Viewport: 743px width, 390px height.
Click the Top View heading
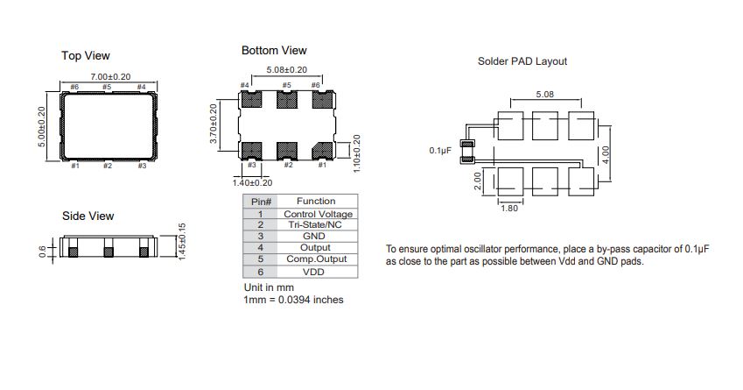point(85,56)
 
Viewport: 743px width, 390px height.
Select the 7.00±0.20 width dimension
point(110,76)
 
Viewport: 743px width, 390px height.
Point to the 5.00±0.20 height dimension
point(42,127)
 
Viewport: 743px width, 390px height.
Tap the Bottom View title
point(274,50)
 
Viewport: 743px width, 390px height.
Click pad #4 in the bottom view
point(251,99)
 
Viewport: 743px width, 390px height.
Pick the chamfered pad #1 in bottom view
point(323,151)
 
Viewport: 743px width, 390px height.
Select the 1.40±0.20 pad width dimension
point(252,182)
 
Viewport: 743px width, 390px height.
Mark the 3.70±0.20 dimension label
point(214,124)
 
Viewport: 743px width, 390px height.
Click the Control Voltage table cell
point(318,214)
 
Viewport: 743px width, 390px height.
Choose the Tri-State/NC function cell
point(315,224)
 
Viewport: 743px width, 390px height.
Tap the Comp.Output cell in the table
point(317,259)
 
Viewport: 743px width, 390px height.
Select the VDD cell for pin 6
point(313,272)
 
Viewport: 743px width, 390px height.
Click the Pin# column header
point(261,202)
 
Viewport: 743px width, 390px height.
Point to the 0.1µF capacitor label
point(440,151)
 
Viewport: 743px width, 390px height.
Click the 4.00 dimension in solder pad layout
point(605,155)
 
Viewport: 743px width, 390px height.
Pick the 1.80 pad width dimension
point(509,208)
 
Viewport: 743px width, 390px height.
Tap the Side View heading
point(88,216)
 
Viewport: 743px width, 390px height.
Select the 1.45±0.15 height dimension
point(182,242)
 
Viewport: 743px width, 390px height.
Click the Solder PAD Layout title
point(522,61)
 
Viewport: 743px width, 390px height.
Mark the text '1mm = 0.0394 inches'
point(293,300)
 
